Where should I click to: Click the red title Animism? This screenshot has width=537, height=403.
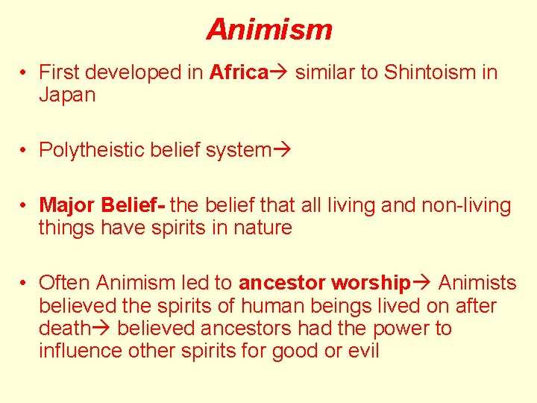[269, 30]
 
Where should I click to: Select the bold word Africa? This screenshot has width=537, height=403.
[239, 72]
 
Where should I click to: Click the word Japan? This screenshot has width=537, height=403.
[67, 96]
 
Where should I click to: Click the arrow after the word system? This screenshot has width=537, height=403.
[282, 150]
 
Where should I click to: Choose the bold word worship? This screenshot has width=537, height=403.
[370, 283]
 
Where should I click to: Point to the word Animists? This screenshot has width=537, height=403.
[477, 283]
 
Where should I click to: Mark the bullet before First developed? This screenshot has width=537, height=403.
[25, 72]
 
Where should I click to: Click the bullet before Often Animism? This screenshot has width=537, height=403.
[25, 283]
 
